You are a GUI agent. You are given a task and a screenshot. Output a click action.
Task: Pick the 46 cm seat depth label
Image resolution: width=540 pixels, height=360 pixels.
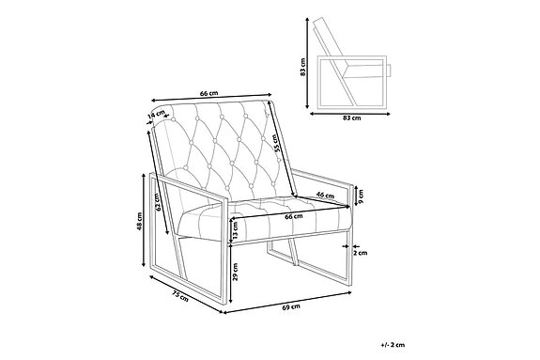click(326, 195)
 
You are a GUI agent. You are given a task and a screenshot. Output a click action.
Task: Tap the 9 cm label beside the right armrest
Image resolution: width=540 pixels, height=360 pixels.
click(361, 198)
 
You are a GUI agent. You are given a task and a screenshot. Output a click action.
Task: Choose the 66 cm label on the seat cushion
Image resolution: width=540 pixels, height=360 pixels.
click(292, 216)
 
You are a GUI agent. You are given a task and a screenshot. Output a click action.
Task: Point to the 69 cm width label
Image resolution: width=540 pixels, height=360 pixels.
click(291, 307)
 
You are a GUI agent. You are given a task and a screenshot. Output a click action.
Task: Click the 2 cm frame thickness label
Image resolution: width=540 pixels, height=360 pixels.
click(361, 253)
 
